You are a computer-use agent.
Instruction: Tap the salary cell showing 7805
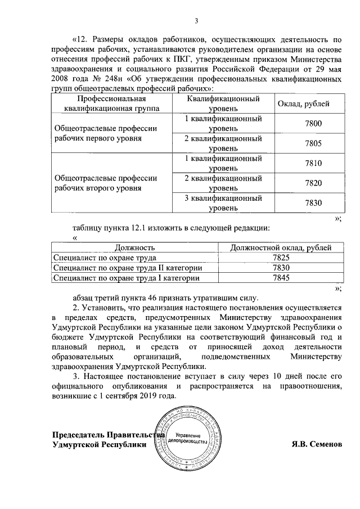tap(313, 143)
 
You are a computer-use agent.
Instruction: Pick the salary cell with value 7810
tap(313, 163)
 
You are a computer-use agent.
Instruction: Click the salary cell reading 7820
tap(313, 183)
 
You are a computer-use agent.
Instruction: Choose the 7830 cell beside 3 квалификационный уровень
tap(313, 203)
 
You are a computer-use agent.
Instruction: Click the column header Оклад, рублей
tap(304, 104)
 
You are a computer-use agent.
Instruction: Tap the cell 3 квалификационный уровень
tap(223, 203)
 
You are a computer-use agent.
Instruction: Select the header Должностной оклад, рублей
tap(281, 247)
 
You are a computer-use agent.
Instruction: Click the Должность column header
tap(135, 247)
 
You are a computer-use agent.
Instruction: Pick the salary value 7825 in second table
tap(281, 257)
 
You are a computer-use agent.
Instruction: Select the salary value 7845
tap(281, 277)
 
